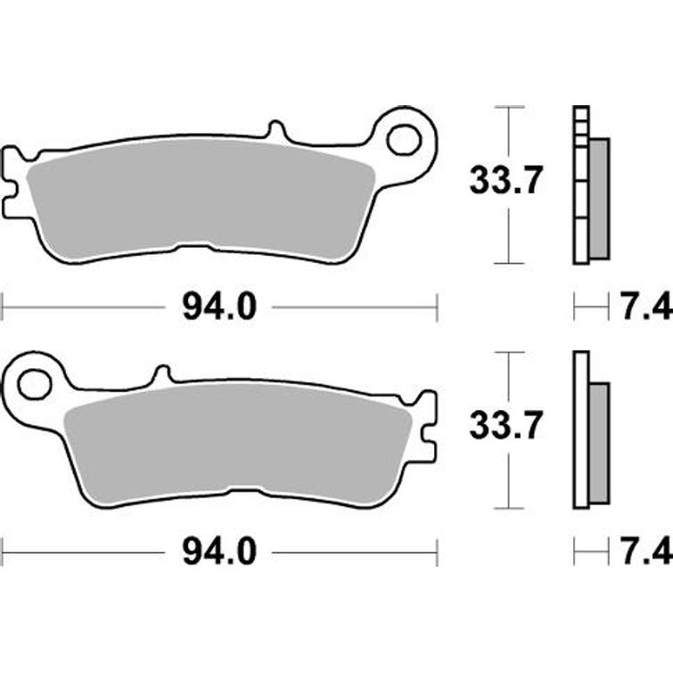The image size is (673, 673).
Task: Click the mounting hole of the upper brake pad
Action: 404,139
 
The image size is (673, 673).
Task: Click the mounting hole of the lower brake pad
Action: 34,384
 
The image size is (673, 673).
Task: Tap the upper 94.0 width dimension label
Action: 219,308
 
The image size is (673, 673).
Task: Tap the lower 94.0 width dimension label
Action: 219,553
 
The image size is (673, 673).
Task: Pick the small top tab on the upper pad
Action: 276,132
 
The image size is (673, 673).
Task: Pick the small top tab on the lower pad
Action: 161,373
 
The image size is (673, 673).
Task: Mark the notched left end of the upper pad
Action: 12,183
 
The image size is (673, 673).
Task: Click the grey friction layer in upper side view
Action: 600,199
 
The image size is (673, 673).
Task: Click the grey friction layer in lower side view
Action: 600,443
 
